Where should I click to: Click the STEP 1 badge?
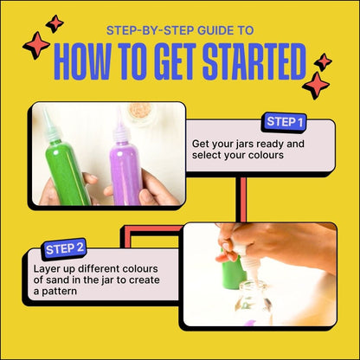tap(285, 122)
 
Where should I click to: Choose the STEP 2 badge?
tap(65, 248)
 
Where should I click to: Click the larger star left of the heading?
tap(36, 46)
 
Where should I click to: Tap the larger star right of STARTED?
tap(316, 85)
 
